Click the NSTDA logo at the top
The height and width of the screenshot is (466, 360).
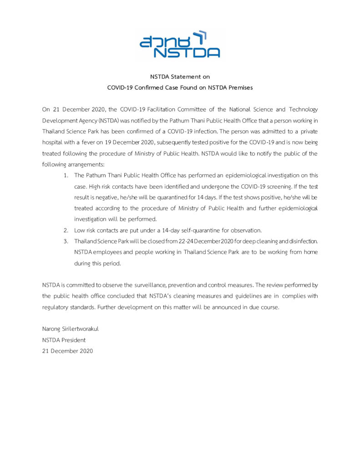click(x=180, y=44)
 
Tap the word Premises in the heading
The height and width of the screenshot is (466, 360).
click(x=237, y=87)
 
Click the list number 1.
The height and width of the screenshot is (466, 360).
click(x=66, y=175)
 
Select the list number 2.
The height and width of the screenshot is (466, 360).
click(x=66, y=230)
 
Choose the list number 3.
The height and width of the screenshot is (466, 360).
click(x=66, y=241)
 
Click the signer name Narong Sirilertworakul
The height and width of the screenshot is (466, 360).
click(x=71, y=329)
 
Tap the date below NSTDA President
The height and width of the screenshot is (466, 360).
click(x=67, y=350)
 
